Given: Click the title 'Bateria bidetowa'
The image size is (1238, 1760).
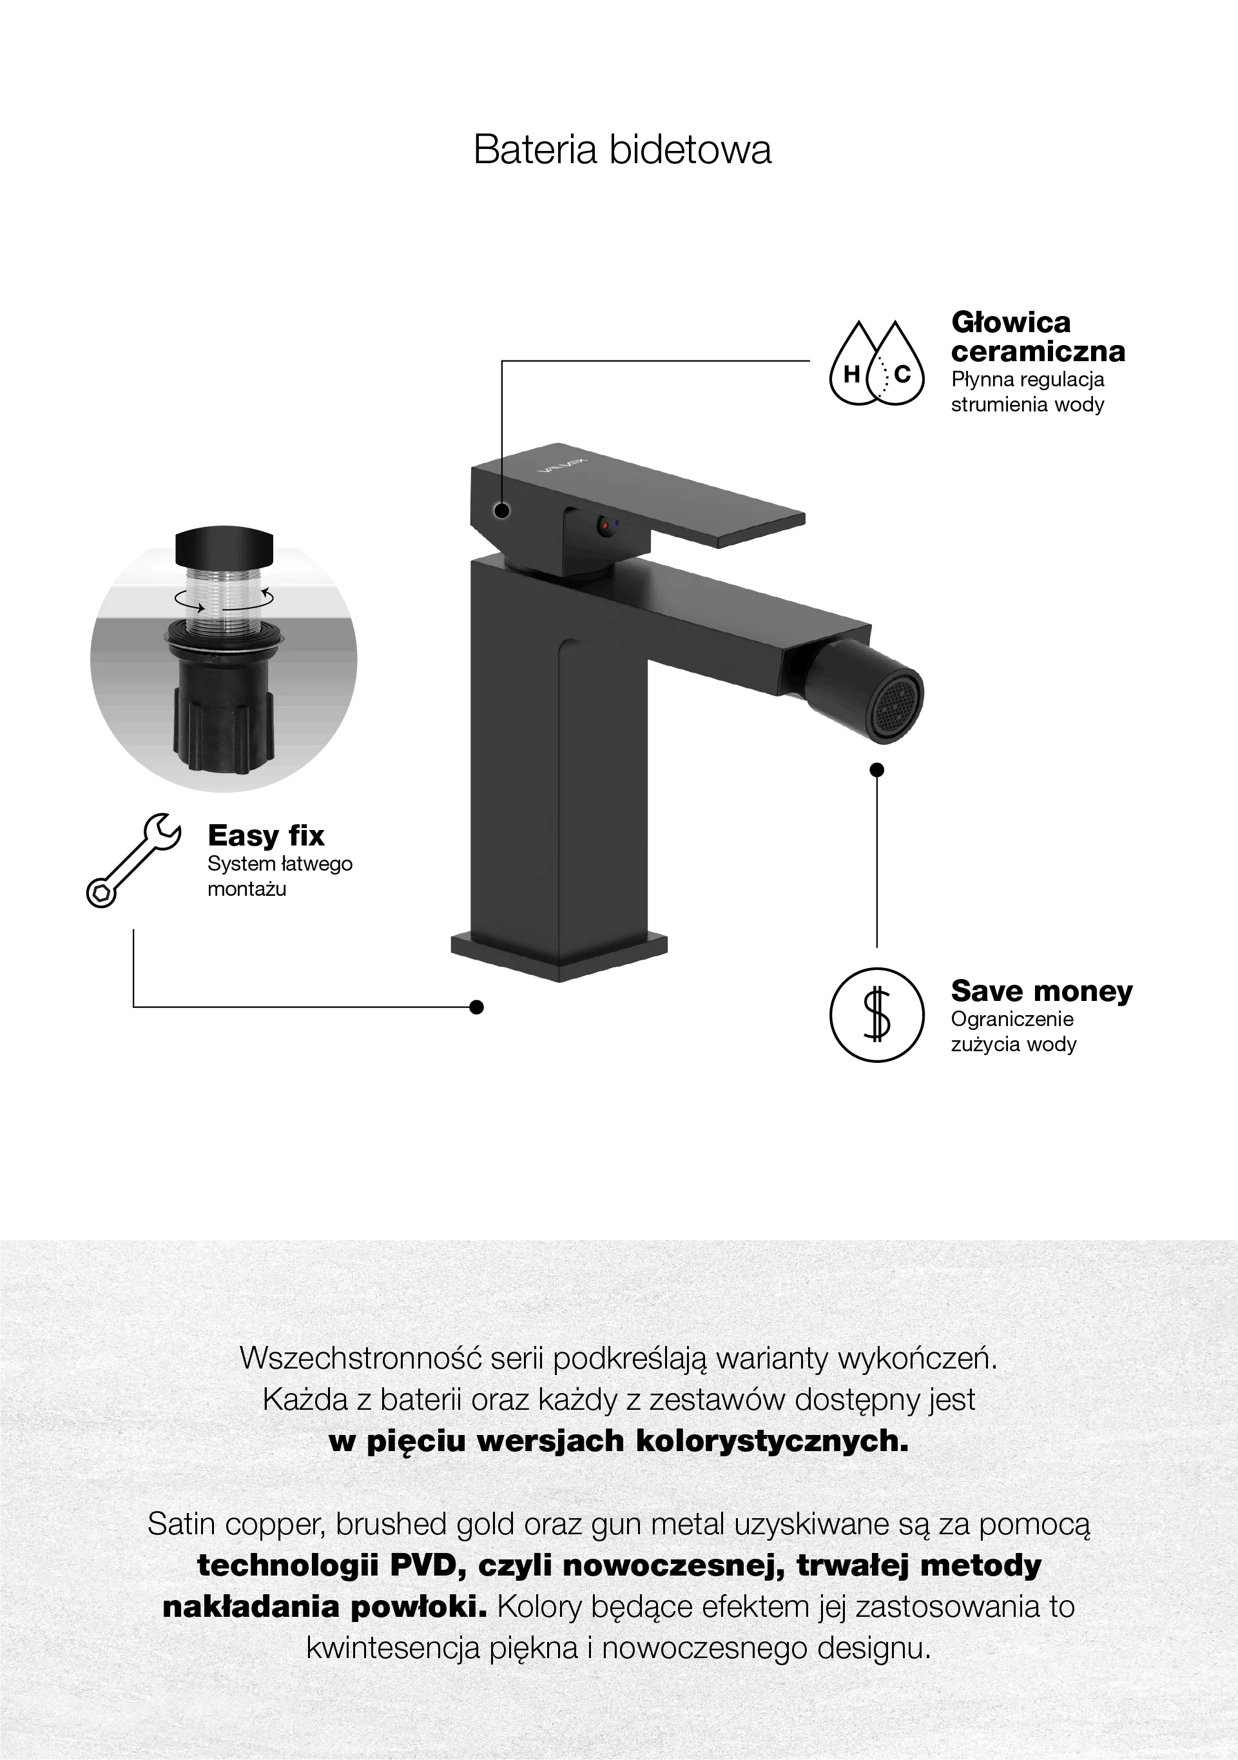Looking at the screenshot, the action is pyautogui.click(x=622, y=149).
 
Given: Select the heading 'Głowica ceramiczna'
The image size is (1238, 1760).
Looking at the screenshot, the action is pyautogui.click(x=1038, y=336).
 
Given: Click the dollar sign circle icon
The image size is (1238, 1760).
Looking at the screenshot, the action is pyautogui.click(x=877, y=1015).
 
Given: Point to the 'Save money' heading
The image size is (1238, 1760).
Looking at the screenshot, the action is pyautogui.click(x=1041, y=991).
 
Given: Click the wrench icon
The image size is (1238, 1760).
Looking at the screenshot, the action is pyautogui.click(x=133, y=860).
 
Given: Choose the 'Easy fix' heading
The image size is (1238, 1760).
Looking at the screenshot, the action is pyautogui.click(x=266, y=835).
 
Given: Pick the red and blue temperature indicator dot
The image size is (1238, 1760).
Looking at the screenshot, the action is pyautogui.click(x=609, y=525).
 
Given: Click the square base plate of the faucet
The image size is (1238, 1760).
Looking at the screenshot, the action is pyautogui.click(x=559, y=955).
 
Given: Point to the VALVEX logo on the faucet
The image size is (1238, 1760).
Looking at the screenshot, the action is pyautogui.click(x=561, y=464).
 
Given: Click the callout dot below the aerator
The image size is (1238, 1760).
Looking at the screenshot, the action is pyautogui.click(x=877, y=769).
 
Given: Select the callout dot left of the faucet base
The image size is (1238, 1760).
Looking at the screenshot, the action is pyautogui.click(x=476, y=1007).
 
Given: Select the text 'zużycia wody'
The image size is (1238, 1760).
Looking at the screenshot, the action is pyautogui.click(x=1014, y=1044).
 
